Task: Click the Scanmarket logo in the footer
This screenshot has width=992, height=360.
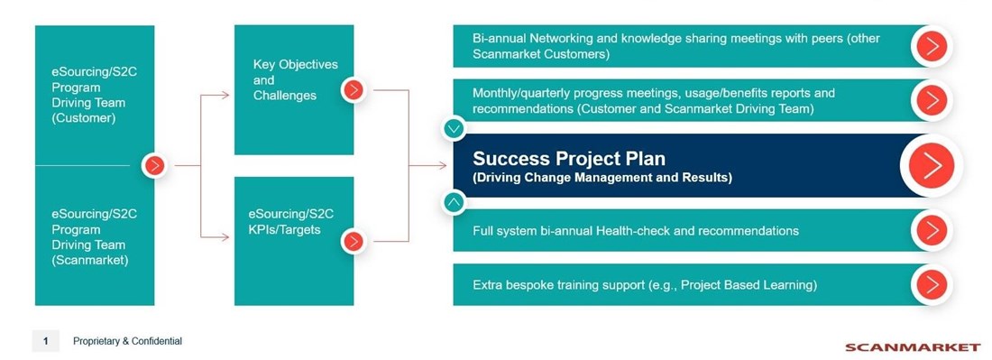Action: coord(912,346)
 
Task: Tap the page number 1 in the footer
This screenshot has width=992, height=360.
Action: coord(46,341)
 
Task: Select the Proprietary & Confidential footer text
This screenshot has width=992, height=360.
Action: coord(127,341)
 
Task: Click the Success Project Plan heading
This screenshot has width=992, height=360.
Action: coord(569,158)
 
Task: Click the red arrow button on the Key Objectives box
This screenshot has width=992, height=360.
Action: coord(354,90)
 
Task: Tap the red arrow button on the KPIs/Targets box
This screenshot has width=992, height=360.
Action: coord(354,241)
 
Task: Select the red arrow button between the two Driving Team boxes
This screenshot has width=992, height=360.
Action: coord(154,166)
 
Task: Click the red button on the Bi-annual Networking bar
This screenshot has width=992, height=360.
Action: coord(932,46)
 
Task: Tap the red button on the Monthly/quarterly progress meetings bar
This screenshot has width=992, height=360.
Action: coord(932,100)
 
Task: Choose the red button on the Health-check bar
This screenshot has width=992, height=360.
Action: coord(932,230)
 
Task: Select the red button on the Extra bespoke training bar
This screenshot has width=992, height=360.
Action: coord(932,285)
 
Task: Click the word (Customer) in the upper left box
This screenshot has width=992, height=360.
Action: coord(84,118)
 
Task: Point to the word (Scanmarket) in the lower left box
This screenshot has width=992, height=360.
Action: coord(90,260)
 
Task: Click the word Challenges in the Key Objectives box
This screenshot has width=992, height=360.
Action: coord(285,96)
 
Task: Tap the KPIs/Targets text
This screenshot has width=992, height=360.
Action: coord(285,230)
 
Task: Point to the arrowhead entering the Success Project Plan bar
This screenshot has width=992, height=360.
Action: coord(443,166)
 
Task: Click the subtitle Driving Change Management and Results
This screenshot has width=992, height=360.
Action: coord(602,178)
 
